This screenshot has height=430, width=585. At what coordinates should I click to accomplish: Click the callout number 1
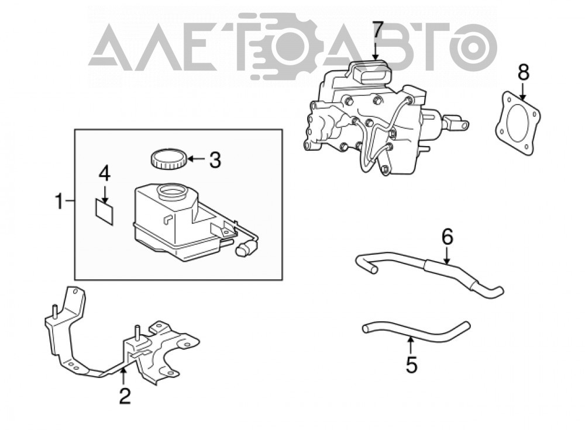click(59, 201)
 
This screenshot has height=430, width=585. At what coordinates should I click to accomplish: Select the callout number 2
click(125, 396)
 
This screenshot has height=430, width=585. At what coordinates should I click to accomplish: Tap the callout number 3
click(215, 159)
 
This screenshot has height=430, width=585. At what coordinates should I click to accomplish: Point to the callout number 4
click(105, 174)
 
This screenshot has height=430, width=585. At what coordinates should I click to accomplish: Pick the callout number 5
click(411, 365)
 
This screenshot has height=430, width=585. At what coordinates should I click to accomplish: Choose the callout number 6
click(447, 237)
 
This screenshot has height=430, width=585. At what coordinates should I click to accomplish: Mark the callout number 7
click(377, 29)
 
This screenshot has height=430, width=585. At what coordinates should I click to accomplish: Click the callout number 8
click(524, 72)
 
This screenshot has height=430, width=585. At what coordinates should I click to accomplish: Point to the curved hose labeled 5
click(415, 331)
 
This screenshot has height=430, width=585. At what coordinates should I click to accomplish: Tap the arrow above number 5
click(410, 345)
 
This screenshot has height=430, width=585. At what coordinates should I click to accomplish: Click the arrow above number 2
click(123, 377)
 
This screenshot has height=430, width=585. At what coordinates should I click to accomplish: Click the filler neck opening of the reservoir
click(172, 192)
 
